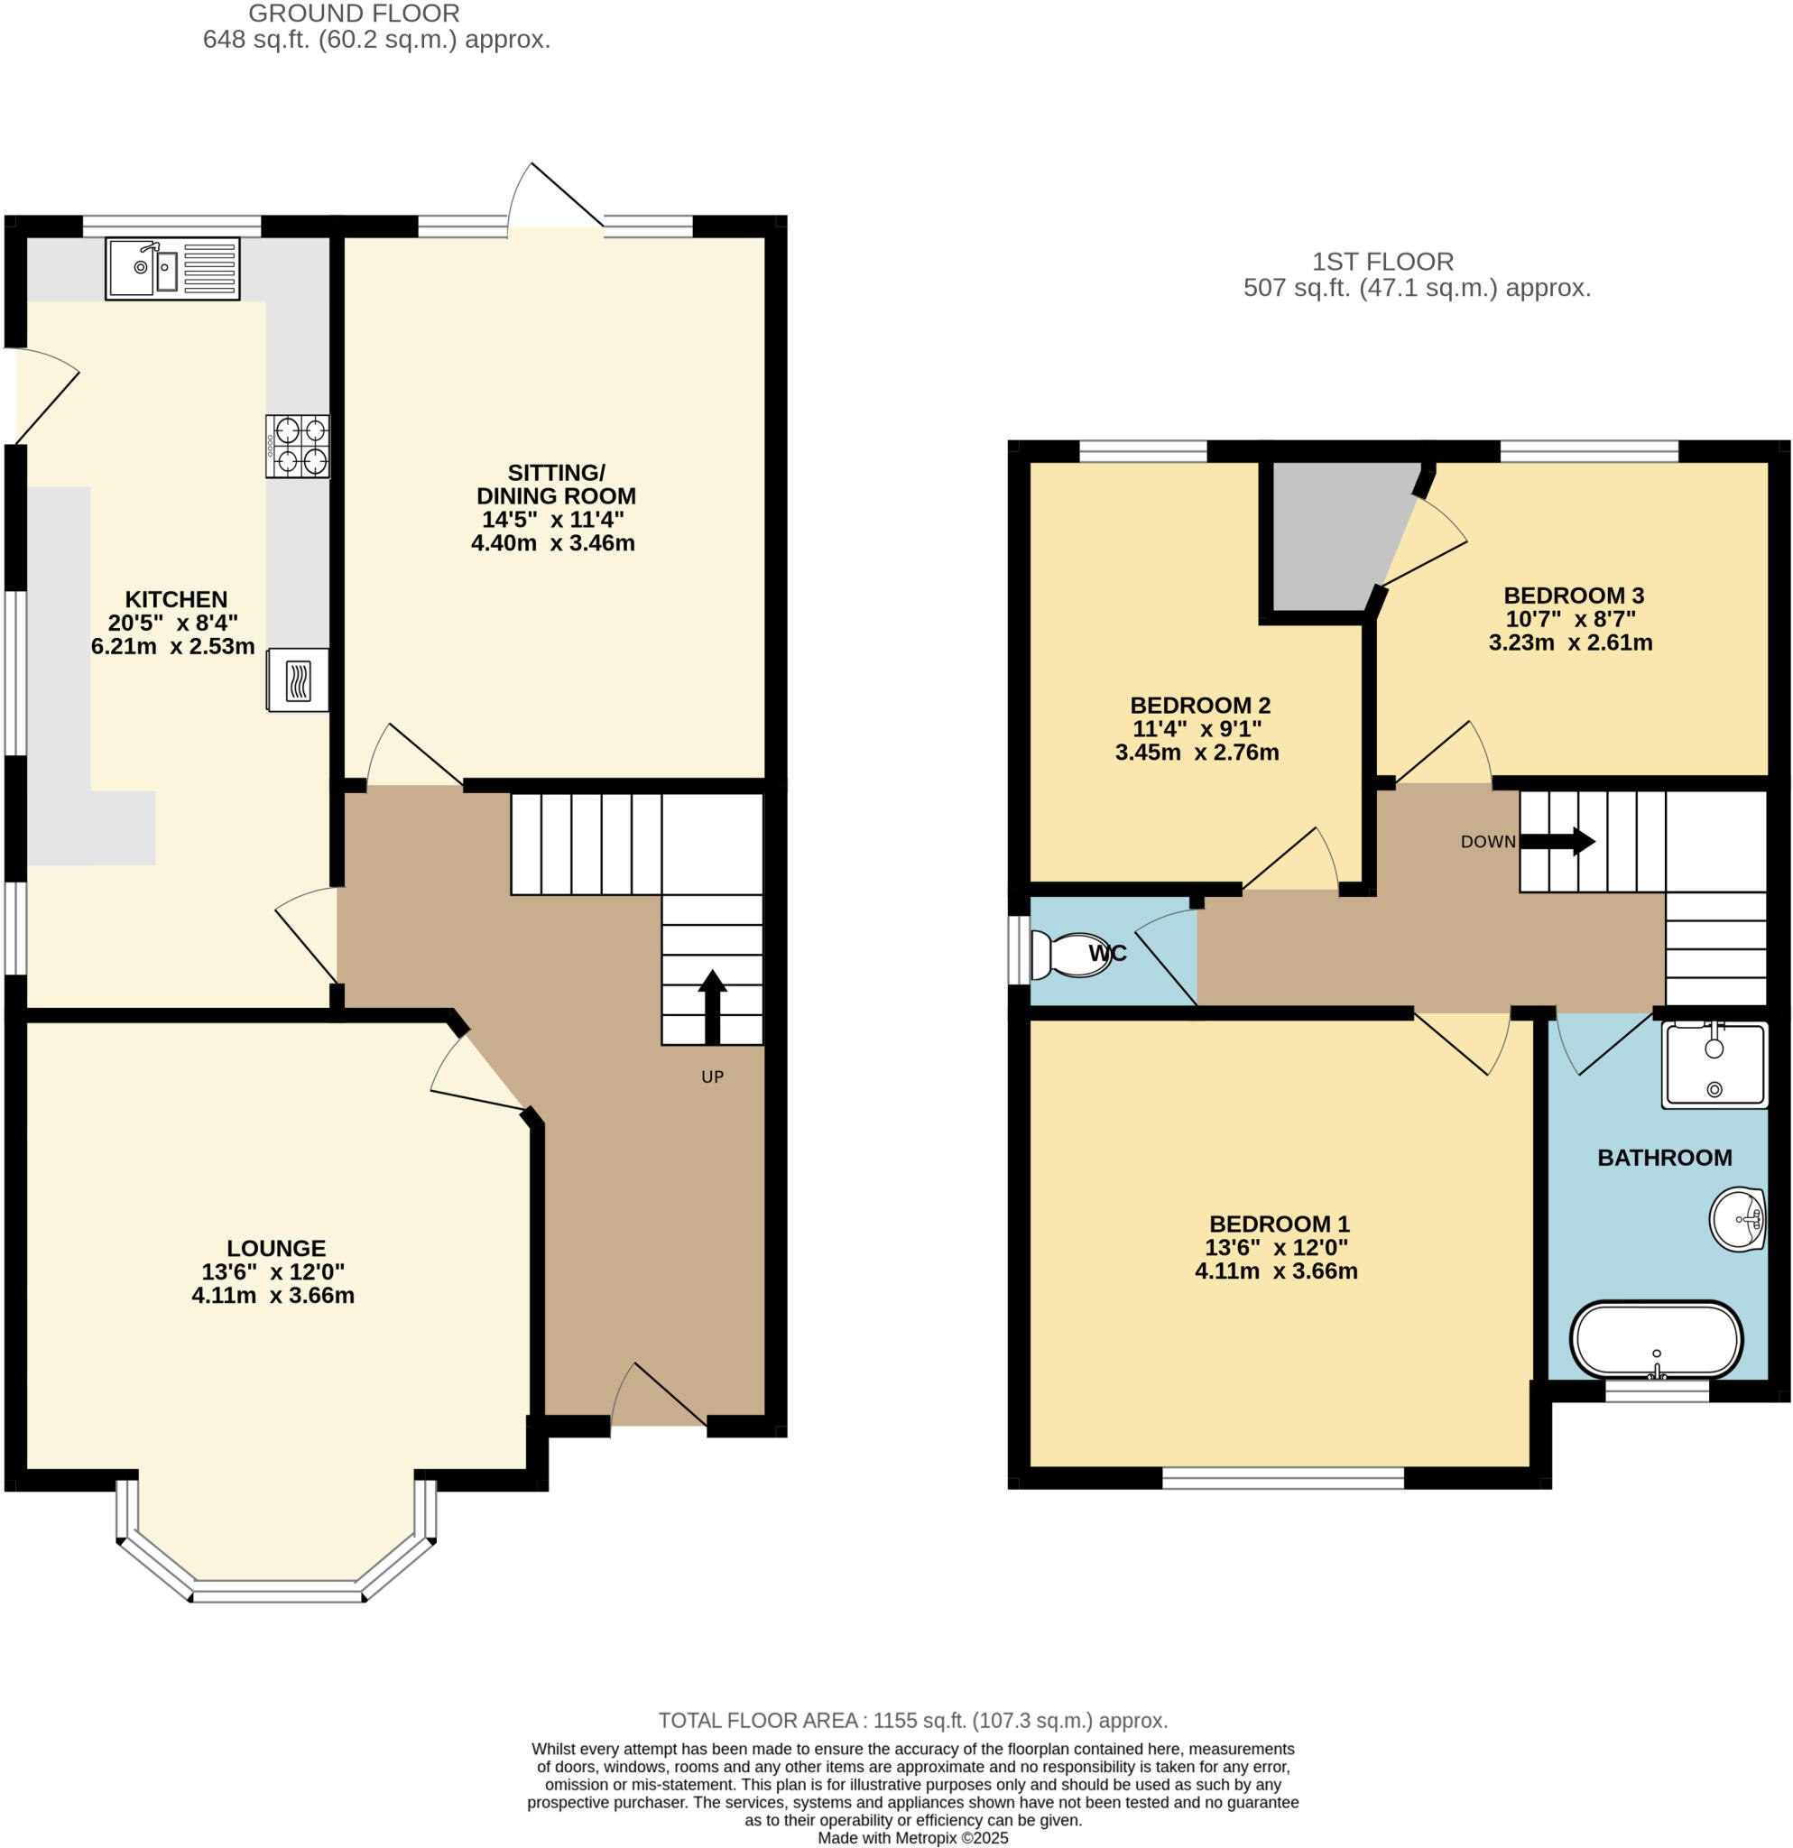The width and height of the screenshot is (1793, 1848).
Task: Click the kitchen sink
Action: coord(172,269)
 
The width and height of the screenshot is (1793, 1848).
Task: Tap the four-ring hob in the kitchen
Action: coord(298,447)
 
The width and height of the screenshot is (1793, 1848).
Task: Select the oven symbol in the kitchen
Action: coord(298,679)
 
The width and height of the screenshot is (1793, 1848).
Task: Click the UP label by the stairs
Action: coord(713,1076)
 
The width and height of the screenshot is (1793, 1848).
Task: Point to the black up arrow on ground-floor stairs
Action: coord(713,1007)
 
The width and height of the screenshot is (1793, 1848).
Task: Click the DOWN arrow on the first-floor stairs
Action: coord(1557,841)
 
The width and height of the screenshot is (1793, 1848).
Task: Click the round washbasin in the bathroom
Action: coord(1737,1220)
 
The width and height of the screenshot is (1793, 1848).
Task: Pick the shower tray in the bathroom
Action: coord(1714,1065)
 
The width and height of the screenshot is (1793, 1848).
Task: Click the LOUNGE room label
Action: coord(275,1248)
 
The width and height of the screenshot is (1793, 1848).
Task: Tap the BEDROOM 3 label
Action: coord(1574,596)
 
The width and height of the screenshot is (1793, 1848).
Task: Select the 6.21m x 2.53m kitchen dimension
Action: coord(172,647)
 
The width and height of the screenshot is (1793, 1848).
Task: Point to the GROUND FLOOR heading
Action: coord(354,14)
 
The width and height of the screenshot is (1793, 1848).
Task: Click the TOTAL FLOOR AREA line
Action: coord(912,1721)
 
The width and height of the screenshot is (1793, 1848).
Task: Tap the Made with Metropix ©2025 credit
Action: coord(912,1838)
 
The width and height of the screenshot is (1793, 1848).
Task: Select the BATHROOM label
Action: coord(1664,1158)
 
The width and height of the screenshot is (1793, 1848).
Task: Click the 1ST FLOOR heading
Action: coord(1383,261)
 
